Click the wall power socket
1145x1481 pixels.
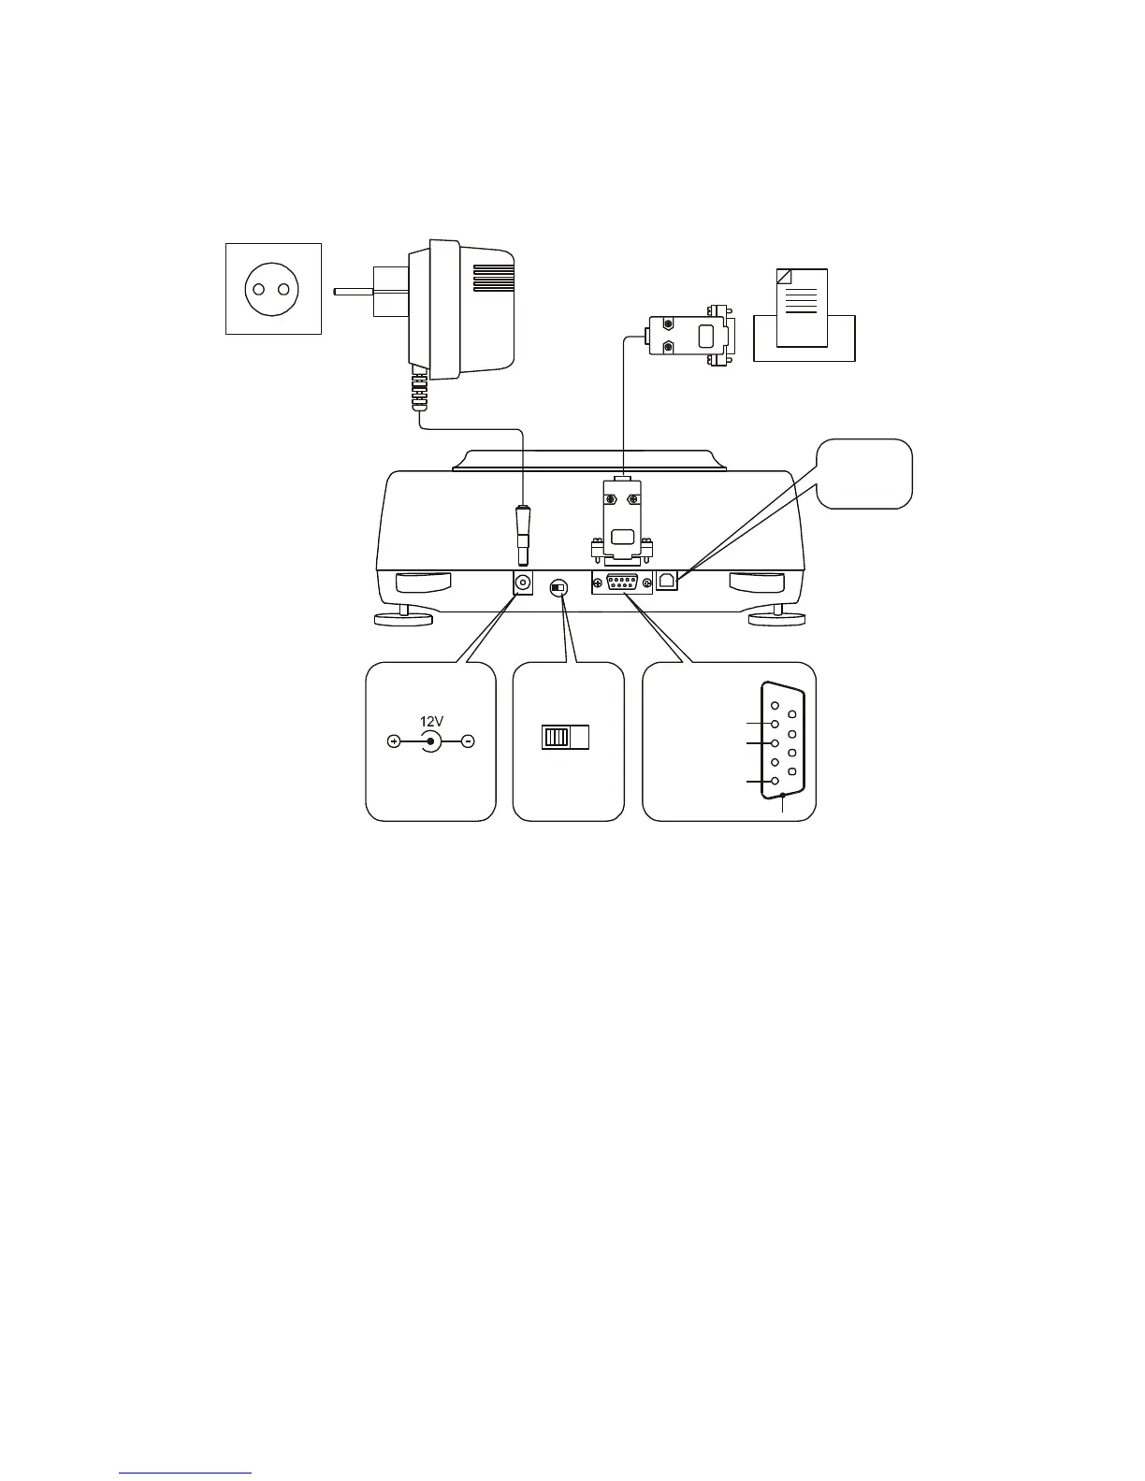coord(273,289)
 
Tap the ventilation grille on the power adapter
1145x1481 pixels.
coord(493,278)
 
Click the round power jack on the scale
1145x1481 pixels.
coord(524,582)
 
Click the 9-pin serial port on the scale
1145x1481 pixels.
coord(622,583)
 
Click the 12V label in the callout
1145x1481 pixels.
coord(431,721)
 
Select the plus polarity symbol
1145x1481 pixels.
coord(394,742)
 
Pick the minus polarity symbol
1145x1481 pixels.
coord(469,742)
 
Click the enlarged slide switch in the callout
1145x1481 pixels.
coord(566,738)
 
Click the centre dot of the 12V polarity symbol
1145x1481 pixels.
coord(430,742)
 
